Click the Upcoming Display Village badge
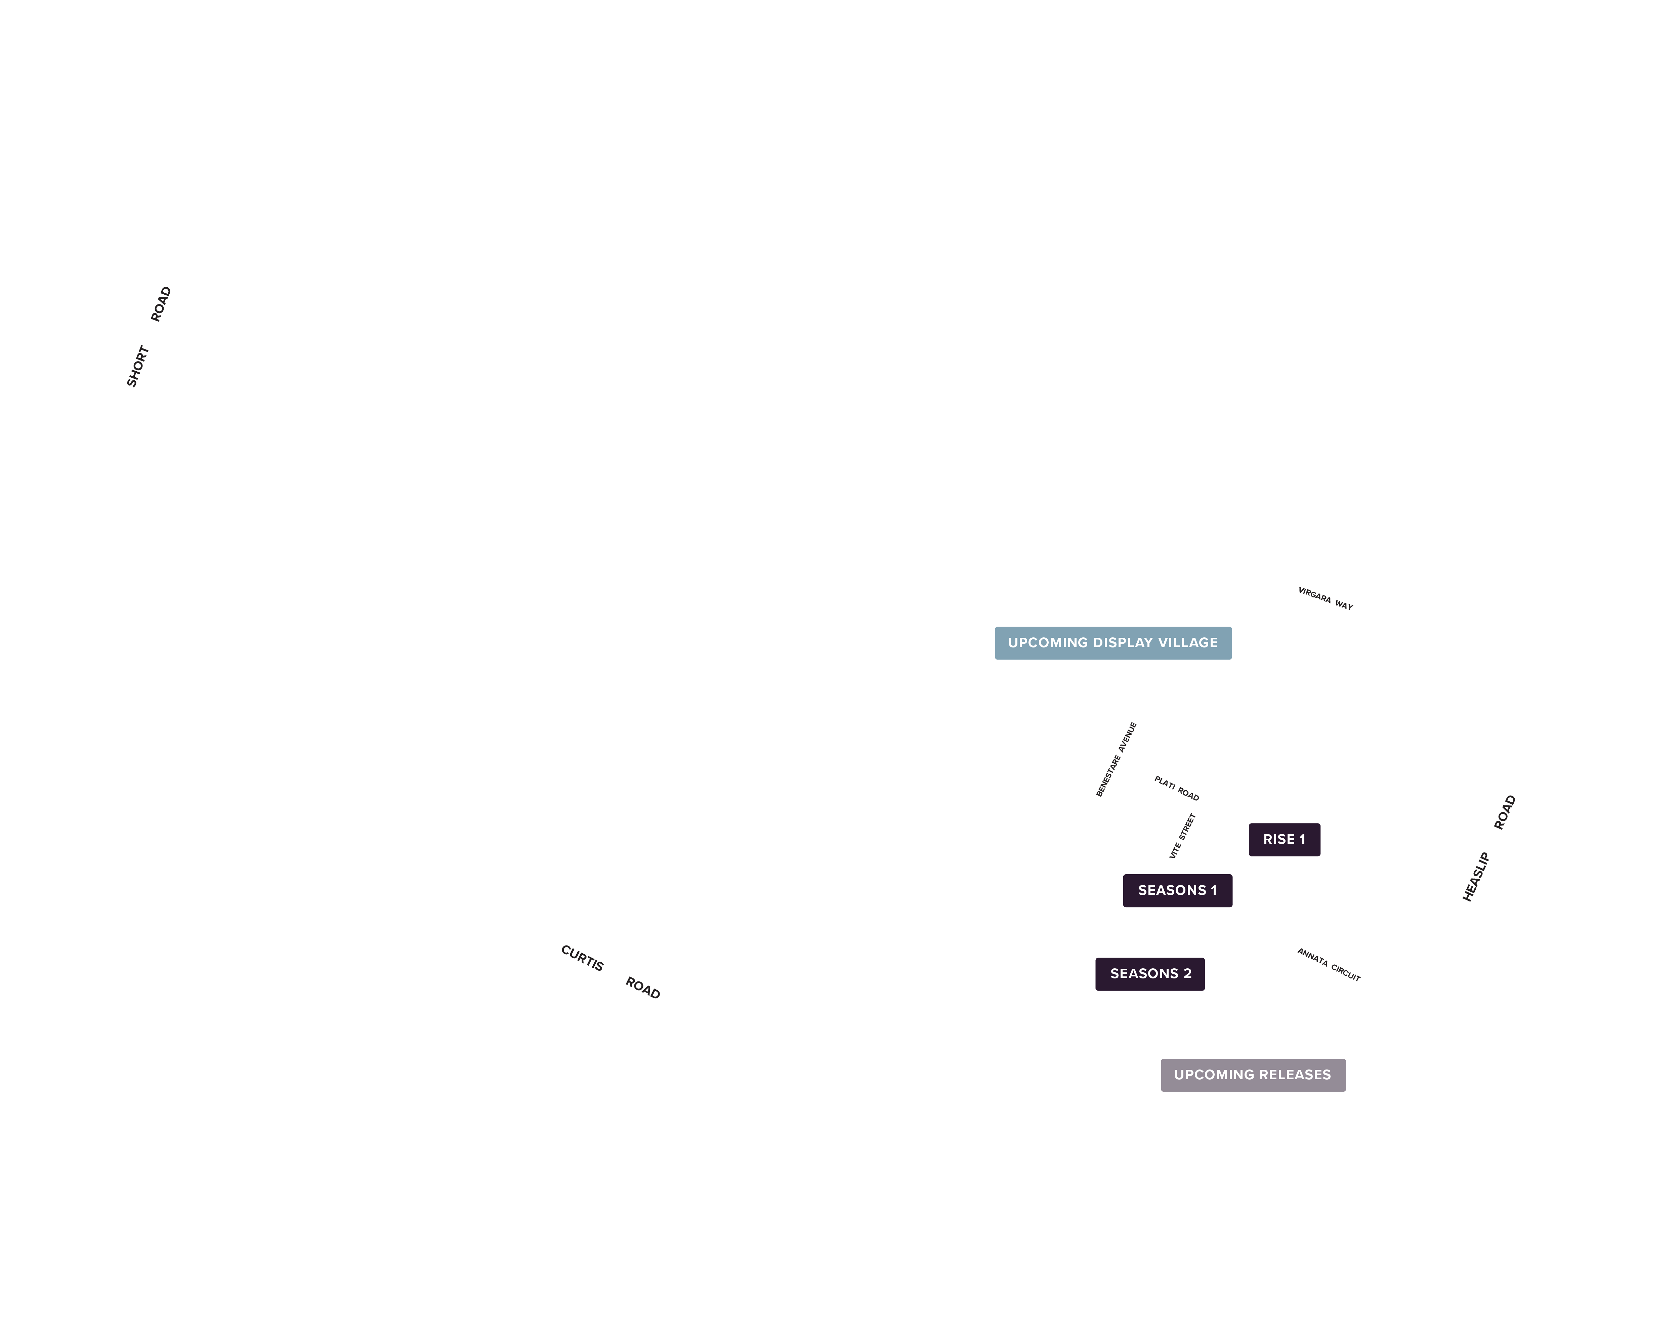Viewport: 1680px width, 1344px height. pos(1113,643)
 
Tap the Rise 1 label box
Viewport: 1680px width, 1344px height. pos(1284,839)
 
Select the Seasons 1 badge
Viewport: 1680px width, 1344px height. pos(1177,890)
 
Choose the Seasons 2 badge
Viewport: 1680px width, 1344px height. pos(1150,974)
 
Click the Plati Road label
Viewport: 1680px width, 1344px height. pos(1177,788)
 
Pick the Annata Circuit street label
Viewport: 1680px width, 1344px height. pos(1329,965)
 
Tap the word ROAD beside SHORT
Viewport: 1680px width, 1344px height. pos(161,304)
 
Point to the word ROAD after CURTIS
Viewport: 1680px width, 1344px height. pos(643,988)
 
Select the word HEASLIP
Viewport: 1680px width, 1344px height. pos(1476,877)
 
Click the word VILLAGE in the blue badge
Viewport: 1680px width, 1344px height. pos(1187,643)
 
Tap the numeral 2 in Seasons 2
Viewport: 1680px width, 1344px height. pos(1187,974)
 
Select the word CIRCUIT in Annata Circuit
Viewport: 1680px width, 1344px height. pos(1346,972)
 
